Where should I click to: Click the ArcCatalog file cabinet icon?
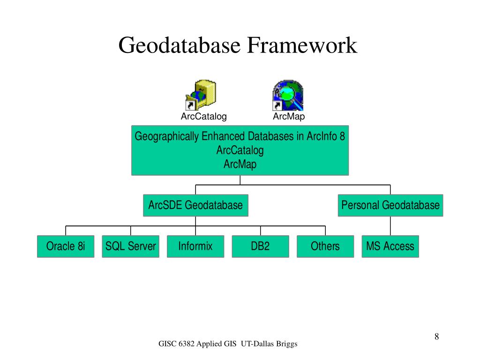201,95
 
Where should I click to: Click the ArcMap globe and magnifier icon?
288,95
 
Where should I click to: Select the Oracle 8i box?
66,246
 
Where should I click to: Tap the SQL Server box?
130,246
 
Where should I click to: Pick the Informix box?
195,246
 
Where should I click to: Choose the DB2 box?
260,246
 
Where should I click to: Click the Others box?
325,246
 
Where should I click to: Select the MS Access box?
390,246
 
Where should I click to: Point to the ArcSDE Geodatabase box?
195,205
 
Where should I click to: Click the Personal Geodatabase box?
390,205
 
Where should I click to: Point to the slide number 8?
436,337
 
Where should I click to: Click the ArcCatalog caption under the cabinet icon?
204,117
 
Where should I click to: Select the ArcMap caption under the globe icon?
289,117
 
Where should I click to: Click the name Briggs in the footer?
286,345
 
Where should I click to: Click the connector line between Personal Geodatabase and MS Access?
390,226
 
